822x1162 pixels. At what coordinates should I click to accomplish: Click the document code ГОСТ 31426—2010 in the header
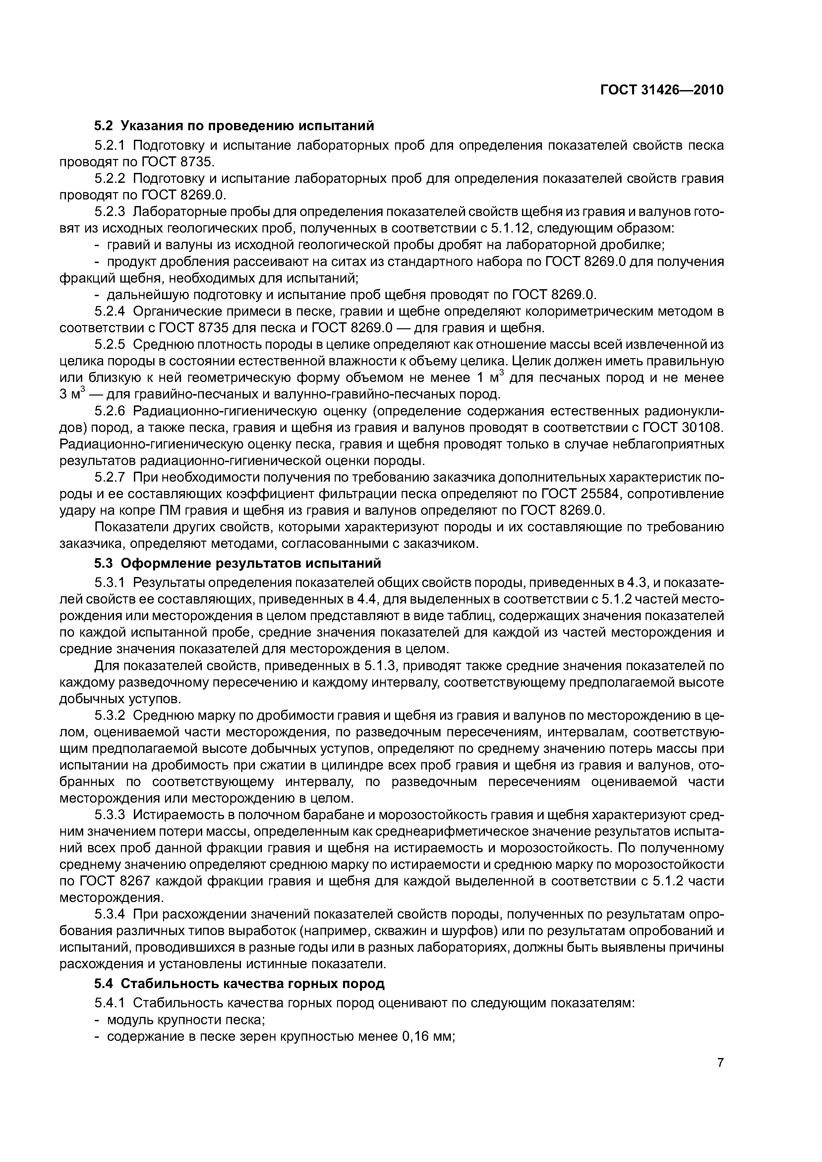(x=662, y=90)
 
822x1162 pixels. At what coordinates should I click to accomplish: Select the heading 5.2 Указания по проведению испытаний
(x=234, y=125)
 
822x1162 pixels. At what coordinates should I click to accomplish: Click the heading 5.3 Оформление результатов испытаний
(x=238, y=563)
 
